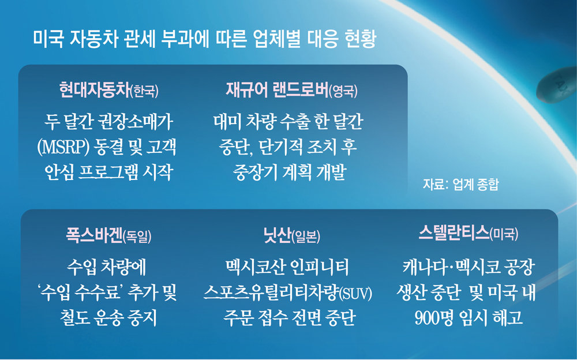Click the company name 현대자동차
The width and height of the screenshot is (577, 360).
pos(95,90)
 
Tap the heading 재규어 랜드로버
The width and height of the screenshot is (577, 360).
pos(277,90)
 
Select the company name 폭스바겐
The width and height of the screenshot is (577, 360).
pos(94,235)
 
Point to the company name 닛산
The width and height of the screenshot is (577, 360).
pos(277,235)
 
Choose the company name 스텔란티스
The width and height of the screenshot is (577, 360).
pos(454,232)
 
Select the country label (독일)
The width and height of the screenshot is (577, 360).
pos(137,236)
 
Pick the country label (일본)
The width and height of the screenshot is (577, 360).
pos(306,236)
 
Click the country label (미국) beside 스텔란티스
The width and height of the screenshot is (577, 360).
pos(504,234)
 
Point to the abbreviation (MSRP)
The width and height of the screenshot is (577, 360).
pos(63,147)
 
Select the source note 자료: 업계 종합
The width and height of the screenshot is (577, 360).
pos(460,184)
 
